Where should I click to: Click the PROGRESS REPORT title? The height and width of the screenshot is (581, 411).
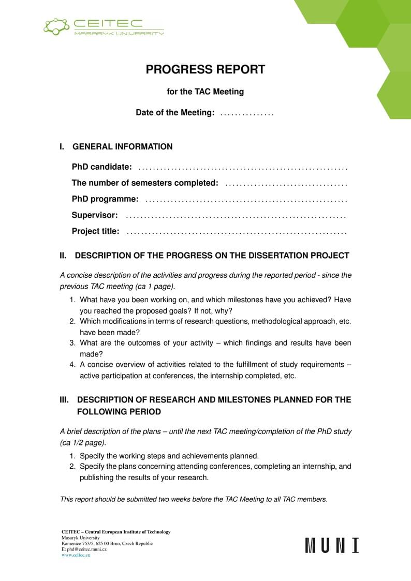pyautogui.click(x=205, y=69)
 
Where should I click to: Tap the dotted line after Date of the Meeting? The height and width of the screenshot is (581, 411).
pyautogui.click(x=247, y=113)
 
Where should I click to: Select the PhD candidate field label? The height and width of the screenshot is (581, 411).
pyautogui.click(x=102, y=167)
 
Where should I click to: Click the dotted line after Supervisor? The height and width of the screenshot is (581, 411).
pyautogui.click(x=236, y=216)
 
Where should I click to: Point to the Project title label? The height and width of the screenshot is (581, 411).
pyautogui.click(x=95, y=231)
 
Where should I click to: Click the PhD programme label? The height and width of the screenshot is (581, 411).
pyautogui.click(x=105, y=199)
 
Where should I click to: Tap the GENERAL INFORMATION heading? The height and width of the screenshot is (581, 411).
pyautogui.click(x=123, y=146)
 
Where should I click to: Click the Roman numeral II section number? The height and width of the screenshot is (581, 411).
pyautogui.click(x=64, y=256)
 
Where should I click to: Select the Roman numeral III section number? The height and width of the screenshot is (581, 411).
pyautogui.click(x=65, y=400)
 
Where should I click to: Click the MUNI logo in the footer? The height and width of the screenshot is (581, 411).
pyautogui.click(x=332, y=546)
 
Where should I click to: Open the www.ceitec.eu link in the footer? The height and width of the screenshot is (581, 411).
pyautogui.click(x=76, y=555)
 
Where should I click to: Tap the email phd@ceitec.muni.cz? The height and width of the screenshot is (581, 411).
pyautogui.click(x=86, y=549)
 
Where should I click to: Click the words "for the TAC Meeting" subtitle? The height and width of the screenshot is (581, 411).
pyautogui.click(x=205, y=92)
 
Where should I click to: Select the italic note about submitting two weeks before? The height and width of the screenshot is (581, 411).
pyautogui.click(x=194, y=499)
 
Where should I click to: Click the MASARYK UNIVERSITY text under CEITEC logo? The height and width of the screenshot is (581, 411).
pyautogui.click(x=119, y=33)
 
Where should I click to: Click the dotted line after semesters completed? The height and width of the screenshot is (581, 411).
pyautogui.click(x=286, y=184)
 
